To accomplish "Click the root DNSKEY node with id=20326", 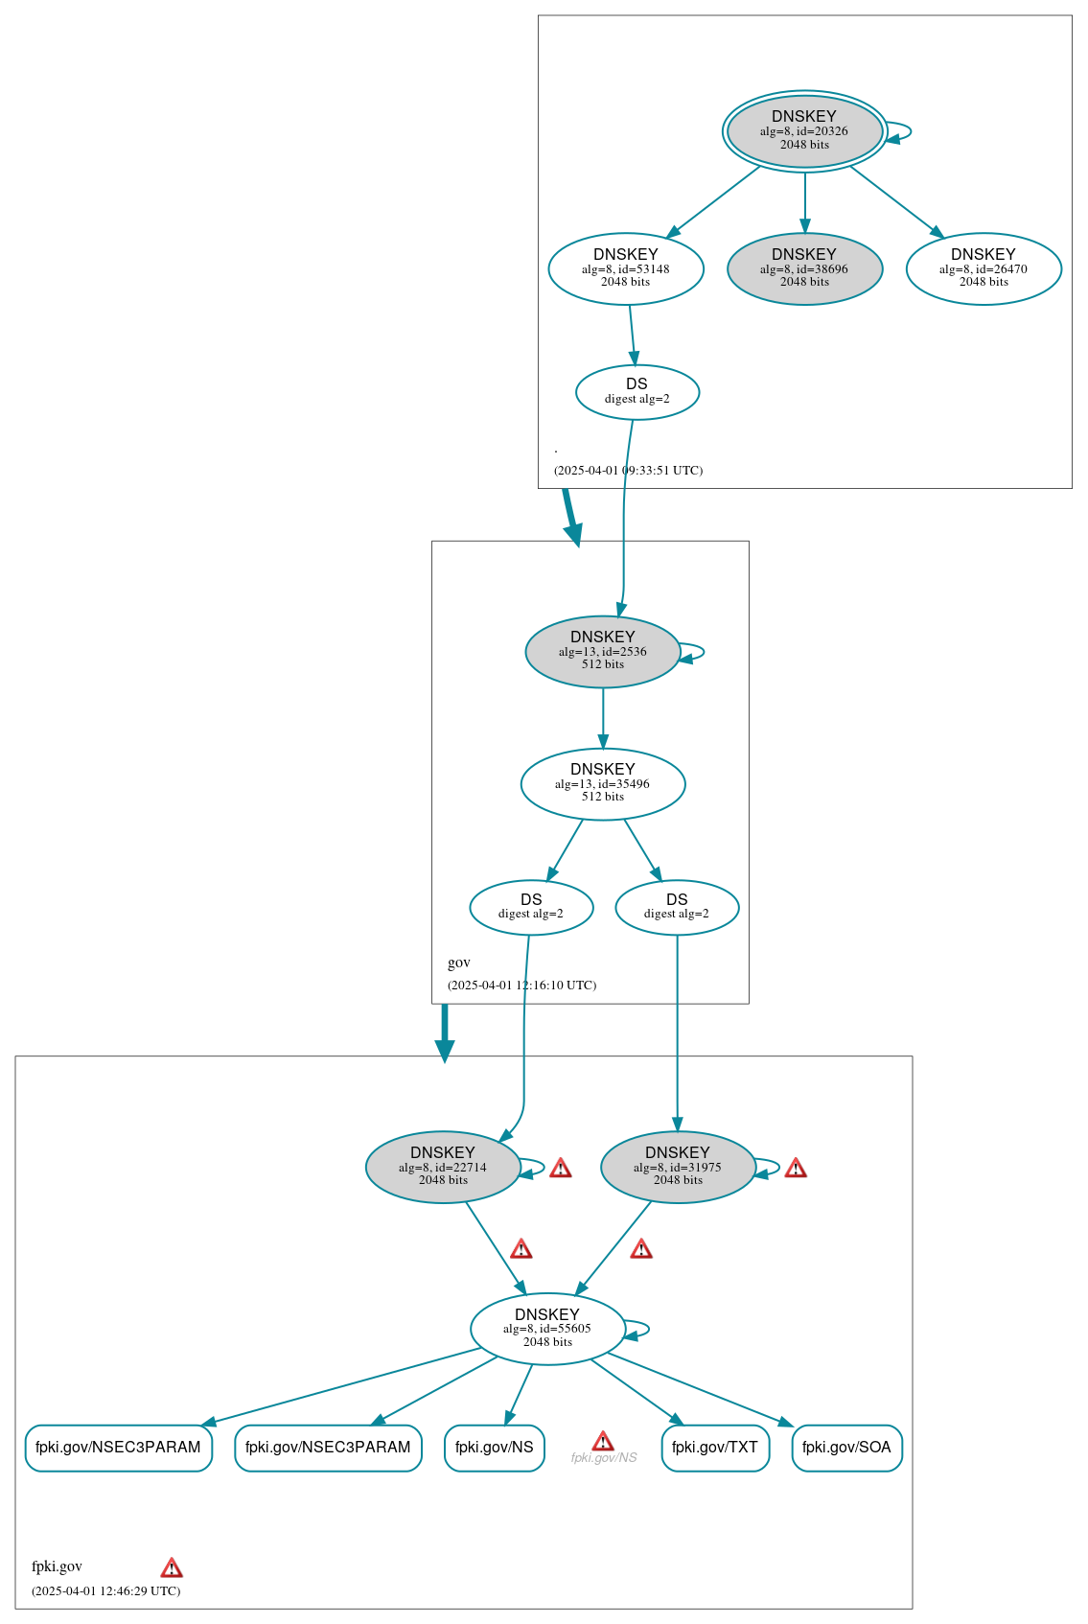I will pyautogui.click(x=804, y=131).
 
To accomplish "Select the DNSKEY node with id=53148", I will pyautogui.click(x=626, y=268).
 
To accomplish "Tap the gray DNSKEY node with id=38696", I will pyautogui.click(x=804, y=268).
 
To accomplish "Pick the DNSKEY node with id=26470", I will pyautogui.click(x=984, y=268).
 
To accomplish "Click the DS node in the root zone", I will pyautogui.click(x=637, y=391).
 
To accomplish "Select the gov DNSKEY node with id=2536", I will pyautogui.click(x=603, y=651).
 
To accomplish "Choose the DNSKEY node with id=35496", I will pyautogui.click(x=603, y=783).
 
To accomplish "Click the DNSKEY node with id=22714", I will pyautogui.click(x=443, y=1167).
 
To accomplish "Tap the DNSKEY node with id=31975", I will pyautogui.click(x=678, y=1167).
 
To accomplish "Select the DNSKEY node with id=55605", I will pyautogui.click(x=547, y=1329).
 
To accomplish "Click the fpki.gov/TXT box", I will pyautogui.click(x=715, y=1448).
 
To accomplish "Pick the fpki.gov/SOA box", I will pyautogui.click(x=846, y=1448).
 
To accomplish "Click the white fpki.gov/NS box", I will pyautogui.click(x=495, y=1448).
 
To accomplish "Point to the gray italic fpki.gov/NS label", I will pyautogui.click(x=604, y=1458).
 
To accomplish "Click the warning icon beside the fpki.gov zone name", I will pyautogui.click(x=172, y=1568).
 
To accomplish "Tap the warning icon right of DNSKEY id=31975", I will pyautogui.click(x=796, y=1169).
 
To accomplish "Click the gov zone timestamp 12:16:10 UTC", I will pyautogui.click(x=521, y=986).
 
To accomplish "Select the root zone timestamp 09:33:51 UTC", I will pyautogui.click(x=628, y=471).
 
